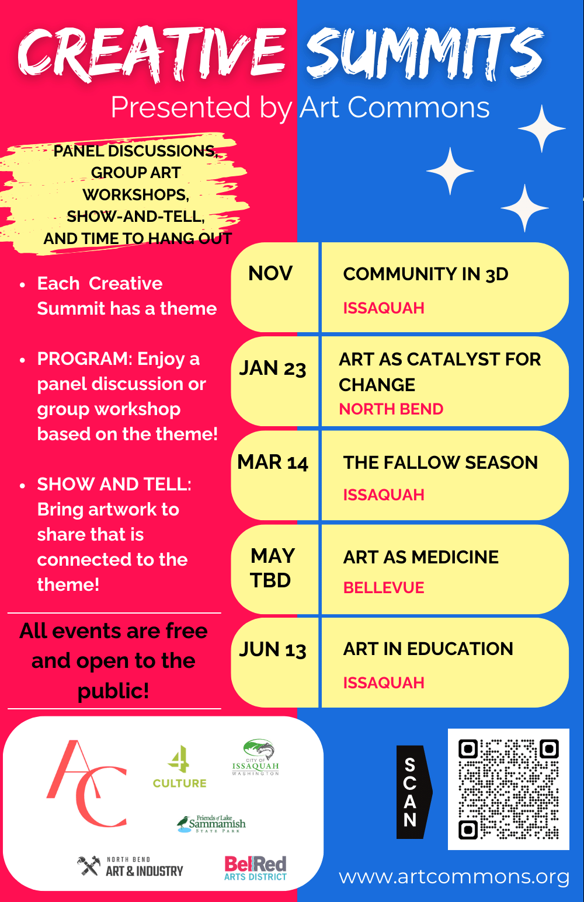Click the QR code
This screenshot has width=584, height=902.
(x=508, y=789)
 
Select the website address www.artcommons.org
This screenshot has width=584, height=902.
(x=454, y=876)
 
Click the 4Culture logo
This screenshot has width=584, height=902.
(x=179, y=768)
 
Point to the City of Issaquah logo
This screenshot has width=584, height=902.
(x=256, y=758)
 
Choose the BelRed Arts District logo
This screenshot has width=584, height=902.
(x=255, y=868)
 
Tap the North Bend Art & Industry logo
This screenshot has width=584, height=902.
(x=130, y=867)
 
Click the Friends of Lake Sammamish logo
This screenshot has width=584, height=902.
(x=211, y=824)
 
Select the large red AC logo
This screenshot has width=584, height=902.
(x=87, y=784)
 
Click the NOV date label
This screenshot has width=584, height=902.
(x=270, y=273)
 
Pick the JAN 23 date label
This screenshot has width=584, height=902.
(x=273, y=368)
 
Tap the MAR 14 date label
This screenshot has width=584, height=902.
(x=273, y=462)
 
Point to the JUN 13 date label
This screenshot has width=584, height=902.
(x=273, y=650)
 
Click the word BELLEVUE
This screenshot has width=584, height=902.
(x=384, y=588)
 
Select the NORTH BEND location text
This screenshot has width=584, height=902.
(x=391, y=409)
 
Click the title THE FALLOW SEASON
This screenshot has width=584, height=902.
(x=440, y=462)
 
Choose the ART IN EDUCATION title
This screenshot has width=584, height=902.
(x=428, y=649)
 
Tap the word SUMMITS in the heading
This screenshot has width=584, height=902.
(x=425, y=54)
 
